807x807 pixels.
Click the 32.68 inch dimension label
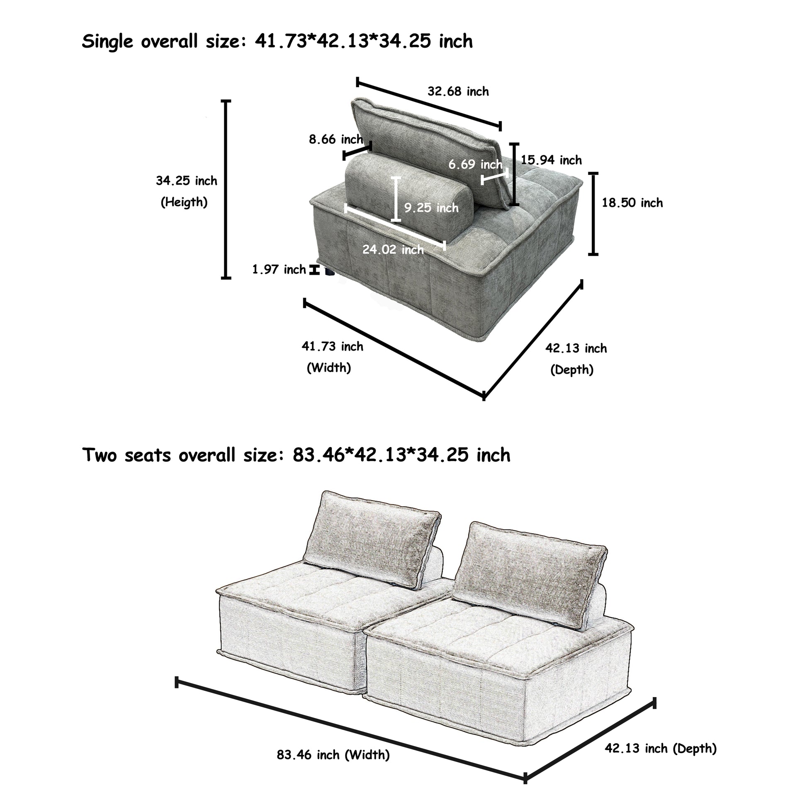click(x=458, y=92)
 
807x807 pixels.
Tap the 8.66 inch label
click(x=335, y=139)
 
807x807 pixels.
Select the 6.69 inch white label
click(x=475, y=165)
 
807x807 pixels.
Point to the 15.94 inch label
click(x=551, y=160)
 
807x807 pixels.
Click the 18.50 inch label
click(x=632, y=203)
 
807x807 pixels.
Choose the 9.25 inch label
click(x=431, y=208)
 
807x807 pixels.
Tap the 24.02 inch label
click(x=393, y=249)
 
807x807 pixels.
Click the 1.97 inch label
click(x=279, y=270)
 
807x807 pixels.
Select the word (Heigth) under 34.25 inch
click(x=184, y=203)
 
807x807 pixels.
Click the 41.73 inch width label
click(x=333, y=346)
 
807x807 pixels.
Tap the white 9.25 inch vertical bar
click(x=396, y=199)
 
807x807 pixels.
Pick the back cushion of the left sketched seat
click(x=372, y=539)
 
